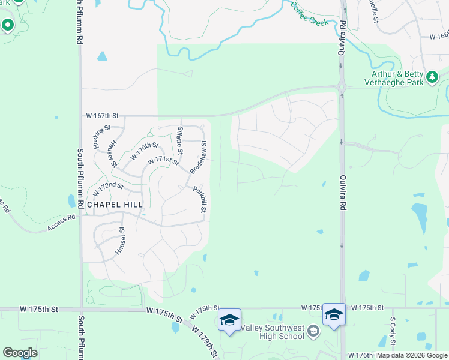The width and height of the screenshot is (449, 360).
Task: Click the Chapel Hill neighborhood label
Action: coord(115,204)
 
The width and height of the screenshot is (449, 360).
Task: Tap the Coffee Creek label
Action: coord(310,13)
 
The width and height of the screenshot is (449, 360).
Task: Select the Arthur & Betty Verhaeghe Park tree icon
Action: coord(432,77)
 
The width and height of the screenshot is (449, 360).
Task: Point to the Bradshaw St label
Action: coord(199,158)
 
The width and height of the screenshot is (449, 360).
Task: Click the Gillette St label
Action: coord(179,139)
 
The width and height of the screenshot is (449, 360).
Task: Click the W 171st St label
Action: coord(164,161)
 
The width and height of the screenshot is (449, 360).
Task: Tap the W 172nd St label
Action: coord(108,188)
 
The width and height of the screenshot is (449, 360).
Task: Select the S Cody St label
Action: coord(393,332)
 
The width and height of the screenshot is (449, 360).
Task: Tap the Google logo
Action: coord(20,352)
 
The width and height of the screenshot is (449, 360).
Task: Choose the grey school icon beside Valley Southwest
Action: coord(313,331)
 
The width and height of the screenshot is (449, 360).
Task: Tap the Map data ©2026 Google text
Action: coord(412,355)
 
